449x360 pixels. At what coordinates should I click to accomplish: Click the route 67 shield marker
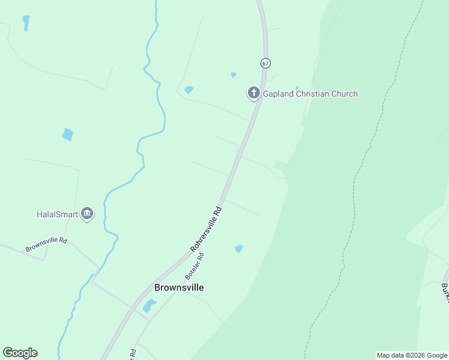point(265,62)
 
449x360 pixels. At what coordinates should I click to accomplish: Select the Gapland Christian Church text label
point(310,94)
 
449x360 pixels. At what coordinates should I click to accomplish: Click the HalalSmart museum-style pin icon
point(87,214)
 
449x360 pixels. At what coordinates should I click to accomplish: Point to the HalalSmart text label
point(57,214)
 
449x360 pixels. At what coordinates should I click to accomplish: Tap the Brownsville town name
point(179,287)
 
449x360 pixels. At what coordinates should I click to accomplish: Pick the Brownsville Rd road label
point(46,244)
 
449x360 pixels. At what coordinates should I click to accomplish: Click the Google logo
point(20,353)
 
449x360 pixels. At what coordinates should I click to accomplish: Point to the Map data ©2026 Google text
point(412,355)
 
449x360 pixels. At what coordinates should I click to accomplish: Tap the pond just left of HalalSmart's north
point(68,134)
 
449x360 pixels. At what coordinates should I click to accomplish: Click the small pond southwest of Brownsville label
point(149,306)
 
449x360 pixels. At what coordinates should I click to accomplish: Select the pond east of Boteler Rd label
point(239,248)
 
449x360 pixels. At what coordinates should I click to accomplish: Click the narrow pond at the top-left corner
point(26,23)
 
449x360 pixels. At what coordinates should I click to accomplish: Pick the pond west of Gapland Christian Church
point(189,90)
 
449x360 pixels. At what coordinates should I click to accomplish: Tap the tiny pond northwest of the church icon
point(234,75)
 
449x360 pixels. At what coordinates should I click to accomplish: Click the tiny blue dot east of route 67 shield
point(297,88)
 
